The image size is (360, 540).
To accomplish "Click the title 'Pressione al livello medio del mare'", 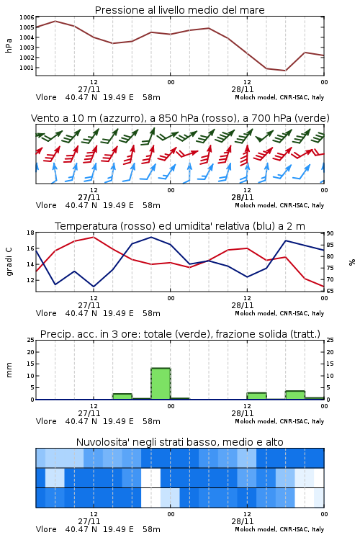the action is [x=179, y=10].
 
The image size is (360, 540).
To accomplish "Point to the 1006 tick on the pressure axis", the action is [x=27, y=17].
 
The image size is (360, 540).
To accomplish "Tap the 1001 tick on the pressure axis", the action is [x=27, y=68].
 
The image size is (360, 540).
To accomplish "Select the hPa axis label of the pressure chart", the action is [x=9, y=45].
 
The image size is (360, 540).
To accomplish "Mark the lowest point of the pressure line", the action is [x=285, y=71].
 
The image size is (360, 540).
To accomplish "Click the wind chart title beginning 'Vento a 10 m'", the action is [x=180, y=118].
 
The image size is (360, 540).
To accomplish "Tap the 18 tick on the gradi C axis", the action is [x=31, y=233].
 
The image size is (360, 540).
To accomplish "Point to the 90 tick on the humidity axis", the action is [x=330, y=233].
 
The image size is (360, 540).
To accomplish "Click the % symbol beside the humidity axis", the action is [x=352, y=262].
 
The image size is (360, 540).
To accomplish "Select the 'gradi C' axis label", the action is [x=9, y=261].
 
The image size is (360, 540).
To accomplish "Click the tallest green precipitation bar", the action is [x=161, y=384].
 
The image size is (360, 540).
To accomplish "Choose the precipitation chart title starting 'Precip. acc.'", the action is [x=180, y=334].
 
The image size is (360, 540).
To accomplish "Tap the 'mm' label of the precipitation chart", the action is [x=9, y=370].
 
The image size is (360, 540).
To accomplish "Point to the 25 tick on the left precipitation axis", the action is [x=31, y=341].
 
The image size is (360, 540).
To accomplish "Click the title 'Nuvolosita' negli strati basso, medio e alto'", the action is [x=179, y=442].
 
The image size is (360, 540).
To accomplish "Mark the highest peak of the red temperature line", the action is [x=94, y=237].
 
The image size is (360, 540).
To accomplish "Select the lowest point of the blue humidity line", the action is [x=94, y=287].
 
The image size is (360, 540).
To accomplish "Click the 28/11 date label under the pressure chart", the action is [x=242, y=89].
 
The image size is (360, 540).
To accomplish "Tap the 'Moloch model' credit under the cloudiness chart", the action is [x=255, y=529].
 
